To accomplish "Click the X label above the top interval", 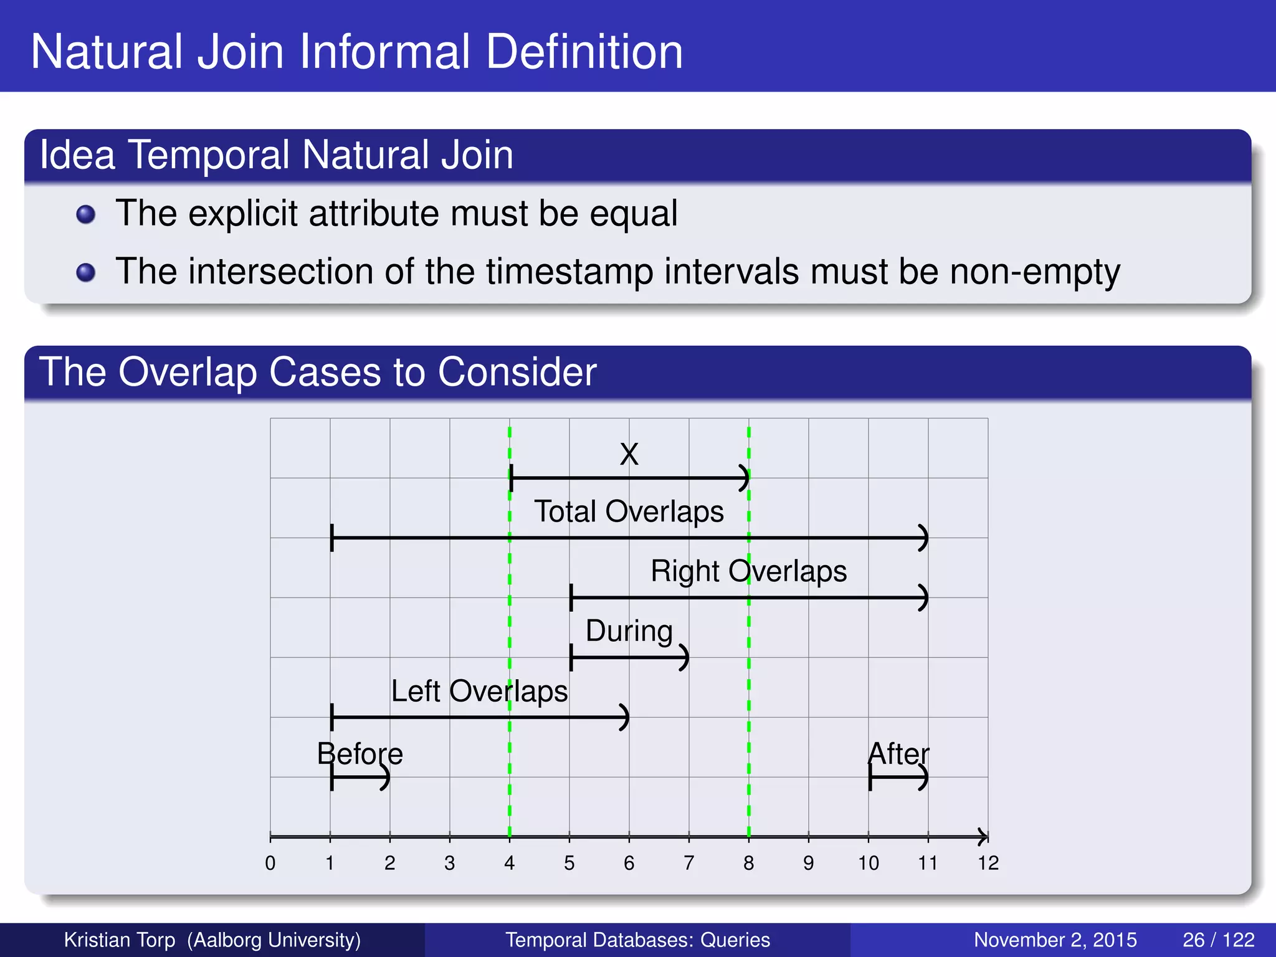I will coord(629,454).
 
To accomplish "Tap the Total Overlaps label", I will coord(629,512).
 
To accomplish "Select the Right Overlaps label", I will coord(748,571).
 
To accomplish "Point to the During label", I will coord(629,631).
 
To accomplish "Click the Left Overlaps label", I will coord(479,691).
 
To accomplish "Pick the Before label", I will coord(359,754).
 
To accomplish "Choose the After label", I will coord(898,754).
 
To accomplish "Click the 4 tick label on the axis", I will coord(509,863).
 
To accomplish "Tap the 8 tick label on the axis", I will coord(748,863).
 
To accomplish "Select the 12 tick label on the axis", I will coord(988,863).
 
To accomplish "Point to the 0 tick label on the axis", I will coord(270,863).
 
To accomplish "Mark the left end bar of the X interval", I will coord(511,478).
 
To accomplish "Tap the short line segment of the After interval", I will coord(897,777).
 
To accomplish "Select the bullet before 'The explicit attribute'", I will coord(85,215).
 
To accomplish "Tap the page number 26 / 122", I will coord(1218,940).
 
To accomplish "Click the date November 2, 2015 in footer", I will coord(1055,940).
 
